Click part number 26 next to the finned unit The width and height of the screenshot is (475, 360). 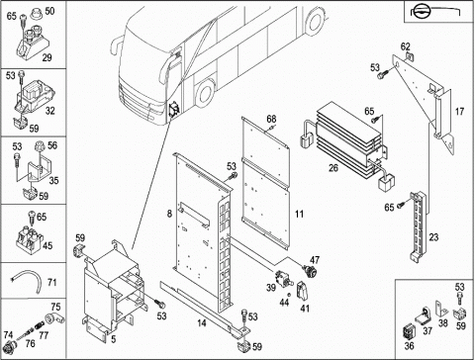pos(333,168)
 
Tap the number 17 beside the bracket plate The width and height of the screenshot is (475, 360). pos(459,112)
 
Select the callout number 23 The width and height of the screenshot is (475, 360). pos(433,236)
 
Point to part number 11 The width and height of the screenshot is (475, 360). pos(299,214)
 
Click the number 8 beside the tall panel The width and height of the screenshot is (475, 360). pos(169,214)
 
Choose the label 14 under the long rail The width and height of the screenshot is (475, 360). pos(202,322)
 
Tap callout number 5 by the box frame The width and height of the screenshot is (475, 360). pos(114,339)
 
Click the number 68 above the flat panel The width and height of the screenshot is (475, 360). pos(271,119)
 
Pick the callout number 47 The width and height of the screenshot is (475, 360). pos(315,260)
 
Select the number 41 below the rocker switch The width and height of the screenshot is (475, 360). pos(305,309)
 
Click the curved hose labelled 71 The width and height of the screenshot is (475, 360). pos(27,281)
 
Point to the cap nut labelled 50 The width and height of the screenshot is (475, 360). pos(36,15)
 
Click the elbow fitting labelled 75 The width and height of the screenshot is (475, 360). pos(53,319)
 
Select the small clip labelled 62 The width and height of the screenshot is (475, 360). pos(409,56)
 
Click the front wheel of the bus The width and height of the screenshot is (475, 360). pos(205,92)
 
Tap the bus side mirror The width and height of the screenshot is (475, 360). pos(115,46)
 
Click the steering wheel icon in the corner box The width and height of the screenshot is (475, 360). pos(421,12)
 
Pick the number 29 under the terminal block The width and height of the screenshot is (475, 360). pos(47,57)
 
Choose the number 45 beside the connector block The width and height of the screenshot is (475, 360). pos(47,245)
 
